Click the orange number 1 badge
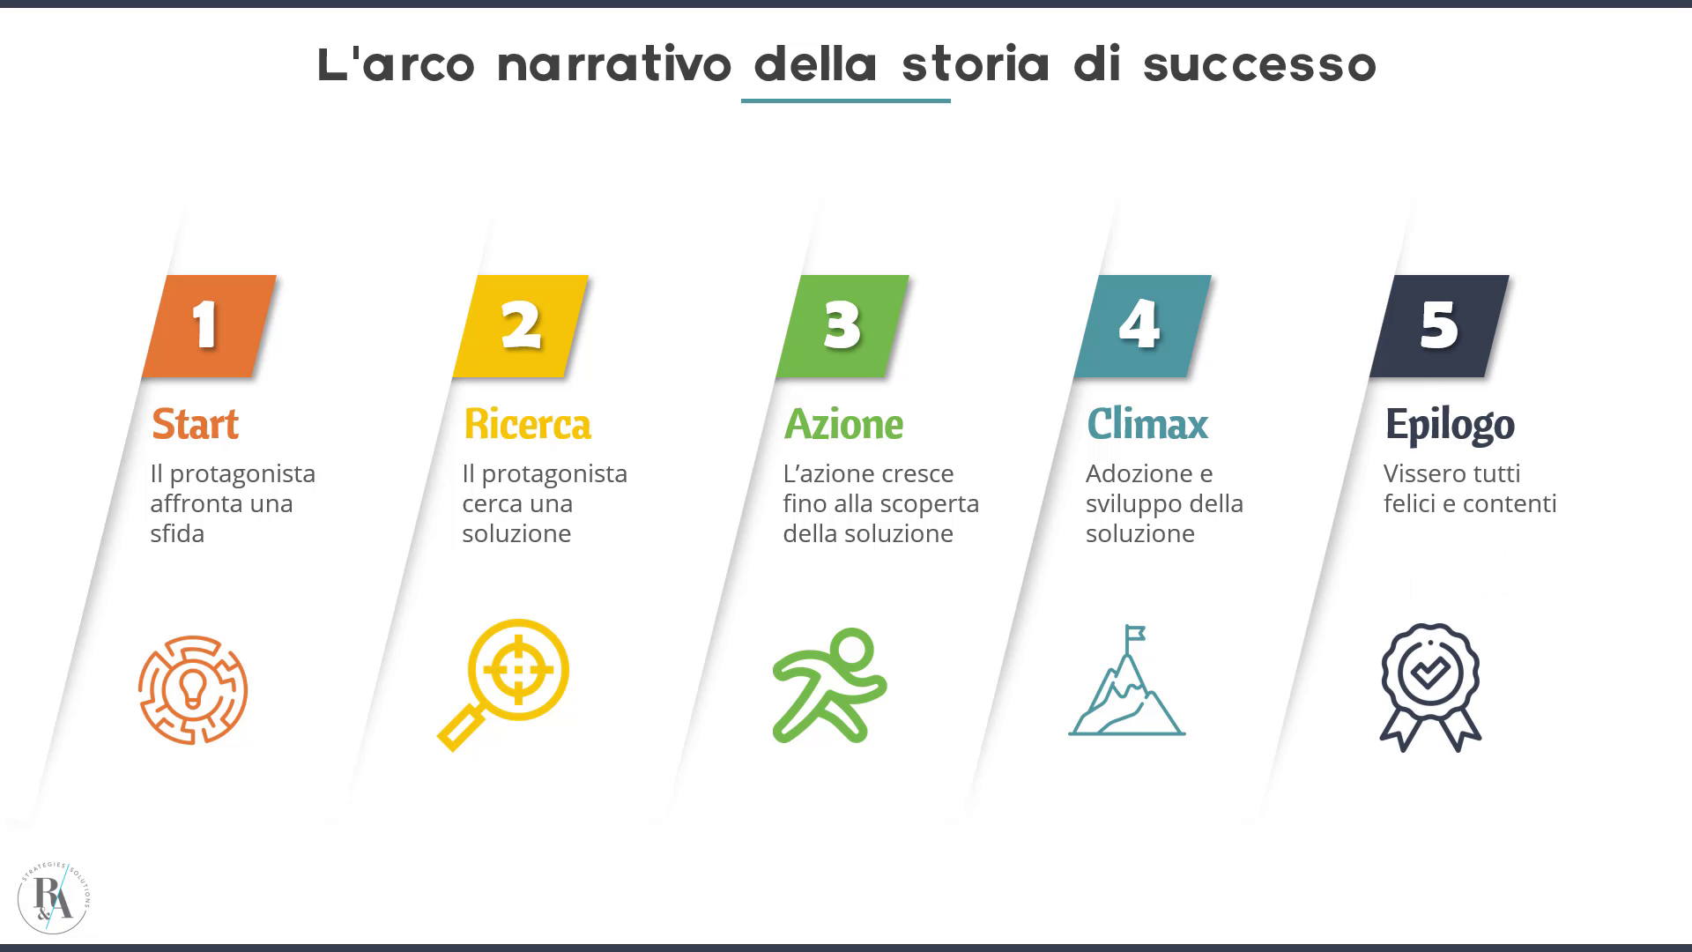[209, 326]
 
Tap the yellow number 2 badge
[520, 326]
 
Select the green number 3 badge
[842, 326]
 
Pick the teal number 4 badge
[1142, 326]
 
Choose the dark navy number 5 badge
[1439, 326]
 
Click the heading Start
[195, 424]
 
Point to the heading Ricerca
[527, 424]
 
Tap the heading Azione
[843, 424]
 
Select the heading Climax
[1147, 424]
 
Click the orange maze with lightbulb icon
[193, 690]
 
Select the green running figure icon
[829, 685]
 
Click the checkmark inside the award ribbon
[1429, 673]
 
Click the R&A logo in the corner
[54, 898]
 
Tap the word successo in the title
[1259, 65]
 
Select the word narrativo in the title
[614, 63]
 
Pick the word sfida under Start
[177, 533]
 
